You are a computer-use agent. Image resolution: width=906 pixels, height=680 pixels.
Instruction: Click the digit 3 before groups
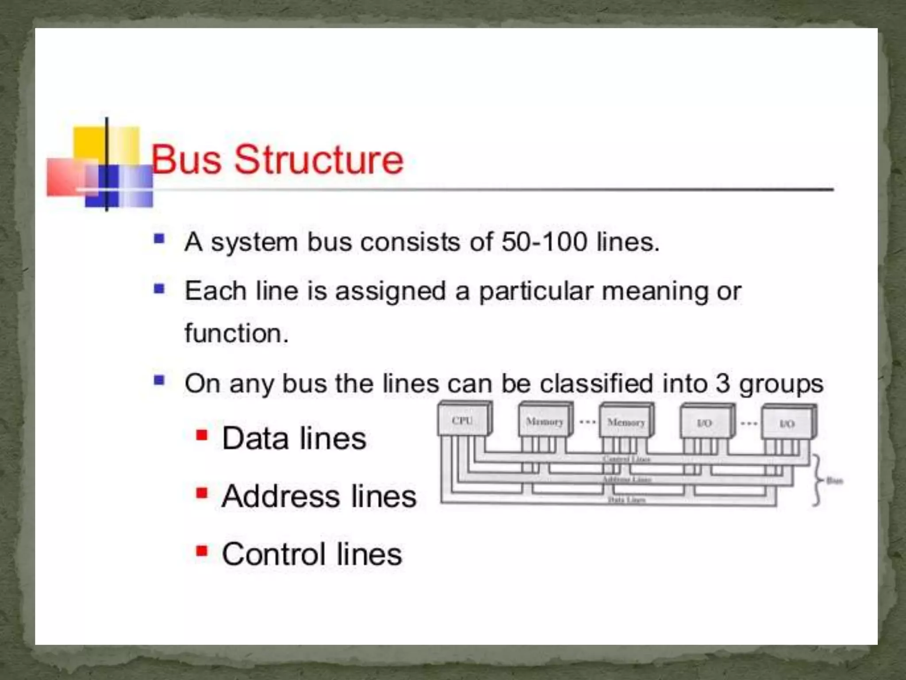point(722,383)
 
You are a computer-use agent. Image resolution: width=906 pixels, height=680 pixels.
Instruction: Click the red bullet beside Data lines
point(202,435)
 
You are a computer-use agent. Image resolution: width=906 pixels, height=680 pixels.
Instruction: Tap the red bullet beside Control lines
point(202,551)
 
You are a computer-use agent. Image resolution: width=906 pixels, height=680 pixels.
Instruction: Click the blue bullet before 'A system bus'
point(159,240)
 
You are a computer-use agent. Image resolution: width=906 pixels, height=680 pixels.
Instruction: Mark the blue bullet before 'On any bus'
point(159,380)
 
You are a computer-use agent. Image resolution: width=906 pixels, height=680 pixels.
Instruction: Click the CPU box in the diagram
point(463,420)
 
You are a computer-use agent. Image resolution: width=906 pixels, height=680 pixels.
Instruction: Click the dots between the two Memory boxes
point(587,422)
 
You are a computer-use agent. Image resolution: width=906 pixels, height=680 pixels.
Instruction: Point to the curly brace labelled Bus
point(818,480)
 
